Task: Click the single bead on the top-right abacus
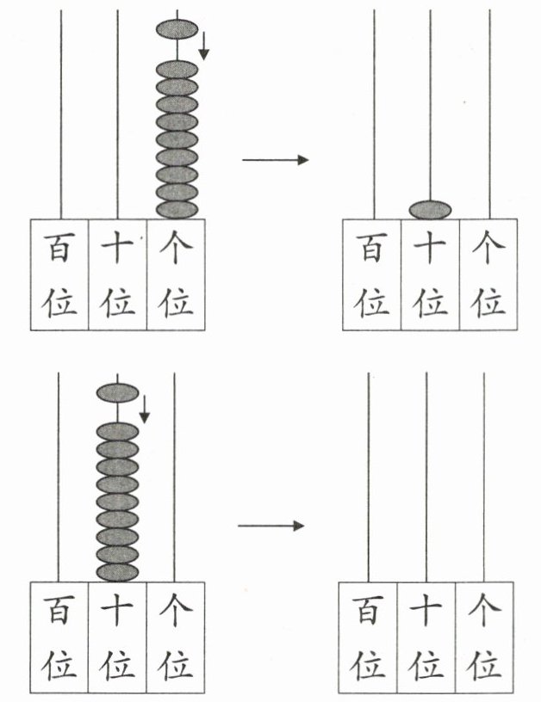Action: tap(430, 210)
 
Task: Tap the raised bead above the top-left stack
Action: tap(177, 29)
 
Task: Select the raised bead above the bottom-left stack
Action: tap(118, 392)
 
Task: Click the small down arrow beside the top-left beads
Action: tap(204, 46)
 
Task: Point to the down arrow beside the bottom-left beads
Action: tap(145, 409)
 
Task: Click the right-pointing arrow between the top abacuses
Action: tap(275, 159)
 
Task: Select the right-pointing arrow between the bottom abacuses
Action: tap(270, 525)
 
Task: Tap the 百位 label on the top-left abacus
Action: tap(59, 274)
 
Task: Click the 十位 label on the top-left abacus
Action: tap(117, 274)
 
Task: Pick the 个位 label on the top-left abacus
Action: tap(176, 274)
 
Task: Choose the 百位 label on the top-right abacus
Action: tap(371, 274)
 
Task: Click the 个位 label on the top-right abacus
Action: tap(488, 274)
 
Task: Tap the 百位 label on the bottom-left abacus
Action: tap(59, 637)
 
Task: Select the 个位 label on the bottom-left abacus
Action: tap(176, 637)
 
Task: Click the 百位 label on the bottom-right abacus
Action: tap(368, 637)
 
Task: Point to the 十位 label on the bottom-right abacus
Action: tap(426, 637)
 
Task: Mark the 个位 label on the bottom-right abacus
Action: tap(484, 637)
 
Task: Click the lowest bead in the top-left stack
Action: tap(177, 210)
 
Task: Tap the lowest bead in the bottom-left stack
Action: tap(118, 573)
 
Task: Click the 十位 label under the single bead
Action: tap(430, 274)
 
